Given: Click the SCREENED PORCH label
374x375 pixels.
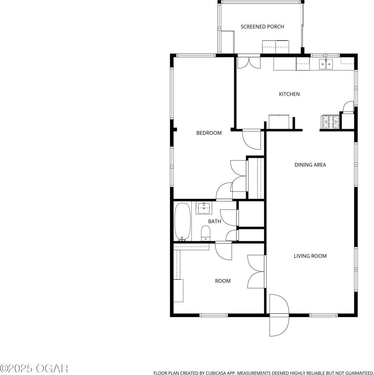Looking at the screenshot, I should [262, 27].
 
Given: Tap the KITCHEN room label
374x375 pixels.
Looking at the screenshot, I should [289, 94].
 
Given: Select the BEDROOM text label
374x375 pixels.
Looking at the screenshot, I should [209, 133].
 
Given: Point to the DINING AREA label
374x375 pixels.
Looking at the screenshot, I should [310, 165].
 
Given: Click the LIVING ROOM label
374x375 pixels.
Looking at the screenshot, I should [310, 256].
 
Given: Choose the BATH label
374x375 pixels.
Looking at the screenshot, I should [215, 222].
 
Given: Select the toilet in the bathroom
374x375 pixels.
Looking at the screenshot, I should [205, 233].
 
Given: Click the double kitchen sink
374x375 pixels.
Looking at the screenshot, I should [326, 64].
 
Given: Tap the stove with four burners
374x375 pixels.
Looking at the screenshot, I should [330, 122].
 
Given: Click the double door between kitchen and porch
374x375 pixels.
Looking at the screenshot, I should [249, 62].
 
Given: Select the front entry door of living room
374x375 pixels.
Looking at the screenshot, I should [279, 314].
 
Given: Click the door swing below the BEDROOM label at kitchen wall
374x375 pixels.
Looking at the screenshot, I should [252, 139].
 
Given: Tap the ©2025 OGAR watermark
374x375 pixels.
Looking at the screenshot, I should [34, 368].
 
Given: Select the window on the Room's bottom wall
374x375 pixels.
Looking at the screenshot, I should [214, 315].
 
